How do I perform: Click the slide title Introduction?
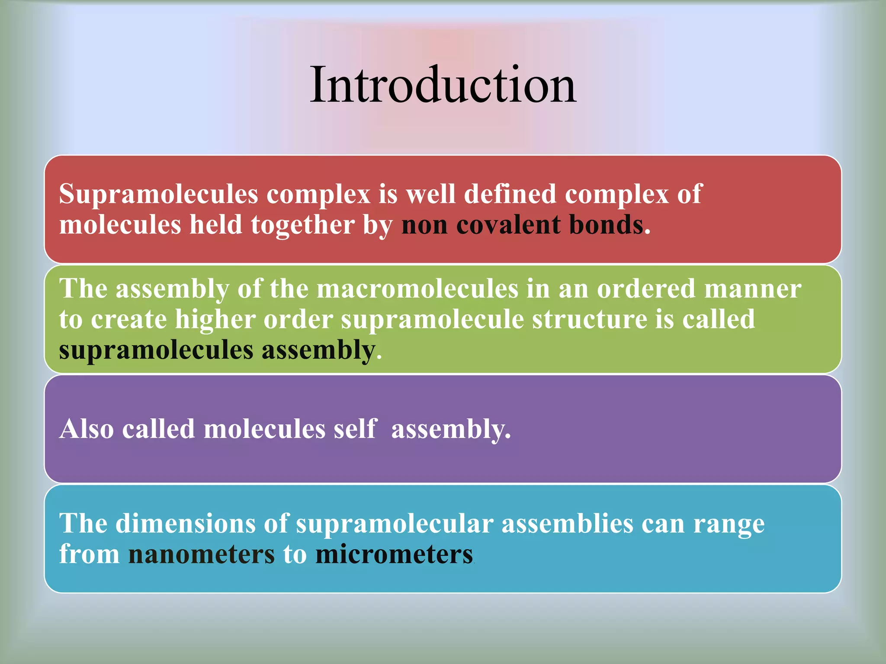tap(443, 85)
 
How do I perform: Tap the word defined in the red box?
tap(510, 194)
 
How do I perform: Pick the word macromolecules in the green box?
tap(417, 289)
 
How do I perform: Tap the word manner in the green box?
tap(752, 289)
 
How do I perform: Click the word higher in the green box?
tap(215, 320)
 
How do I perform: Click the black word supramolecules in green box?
tap(156, 351)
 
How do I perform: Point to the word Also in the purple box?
tap(87, 429)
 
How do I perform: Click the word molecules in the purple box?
tap(264, 429)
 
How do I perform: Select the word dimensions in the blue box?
tap(186, 524)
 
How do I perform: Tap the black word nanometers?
tap(201, 555)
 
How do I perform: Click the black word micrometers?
tap(394, 555)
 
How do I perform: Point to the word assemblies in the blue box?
tap(567, 524)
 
